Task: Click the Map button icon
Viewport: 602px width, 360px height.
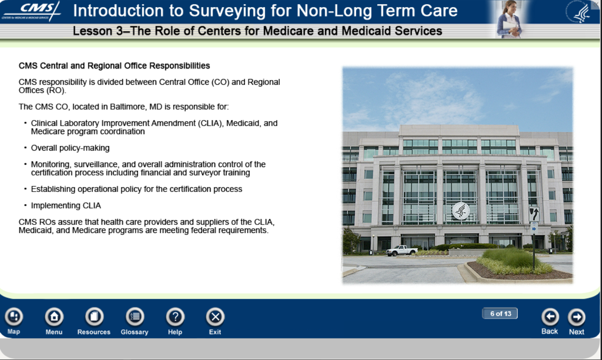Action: tap(14, 316)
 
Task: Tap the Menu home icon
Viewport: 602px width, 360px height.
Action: tap(54, 316)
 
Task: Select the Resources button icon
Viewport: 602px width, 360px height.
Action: tap(94, 316)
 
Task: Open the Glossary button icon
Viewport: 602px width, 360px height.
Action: tap(135, 316)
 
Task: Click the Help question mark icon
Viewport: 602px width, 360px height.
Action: tap(175, 316)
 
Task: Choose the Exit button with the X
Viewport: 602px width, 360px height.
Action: tap(215, 316)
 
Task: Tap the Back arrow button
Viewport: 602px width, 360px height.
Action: tap(550, 317)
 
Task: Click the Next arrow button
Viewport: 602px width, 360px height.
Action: tap(577, 317)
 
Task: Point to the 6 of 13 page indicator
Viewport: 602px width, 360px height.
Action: tap(500, 313)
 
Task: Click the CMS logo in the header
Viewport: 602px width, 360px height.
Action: tap(31, 11)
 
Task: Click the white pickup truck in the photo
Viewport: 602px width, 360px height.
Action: tap(402, 250)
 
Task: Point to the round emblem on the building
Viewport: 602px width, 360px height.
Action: tap(461, 211)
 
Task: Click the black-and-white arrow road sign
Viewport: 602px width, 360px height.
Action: tap(534, 214)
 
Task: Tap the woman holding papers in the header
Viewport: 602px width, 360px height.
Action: tap(509, 19)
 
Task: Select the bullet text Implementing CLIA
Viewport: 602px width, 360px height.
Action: tap(66, 205)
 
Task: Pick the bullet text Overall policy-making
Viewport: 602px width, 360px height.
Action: tap(70, 148)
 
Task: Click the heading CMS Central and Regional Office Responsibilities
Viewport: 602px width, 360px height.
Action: tap(114, 65)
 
